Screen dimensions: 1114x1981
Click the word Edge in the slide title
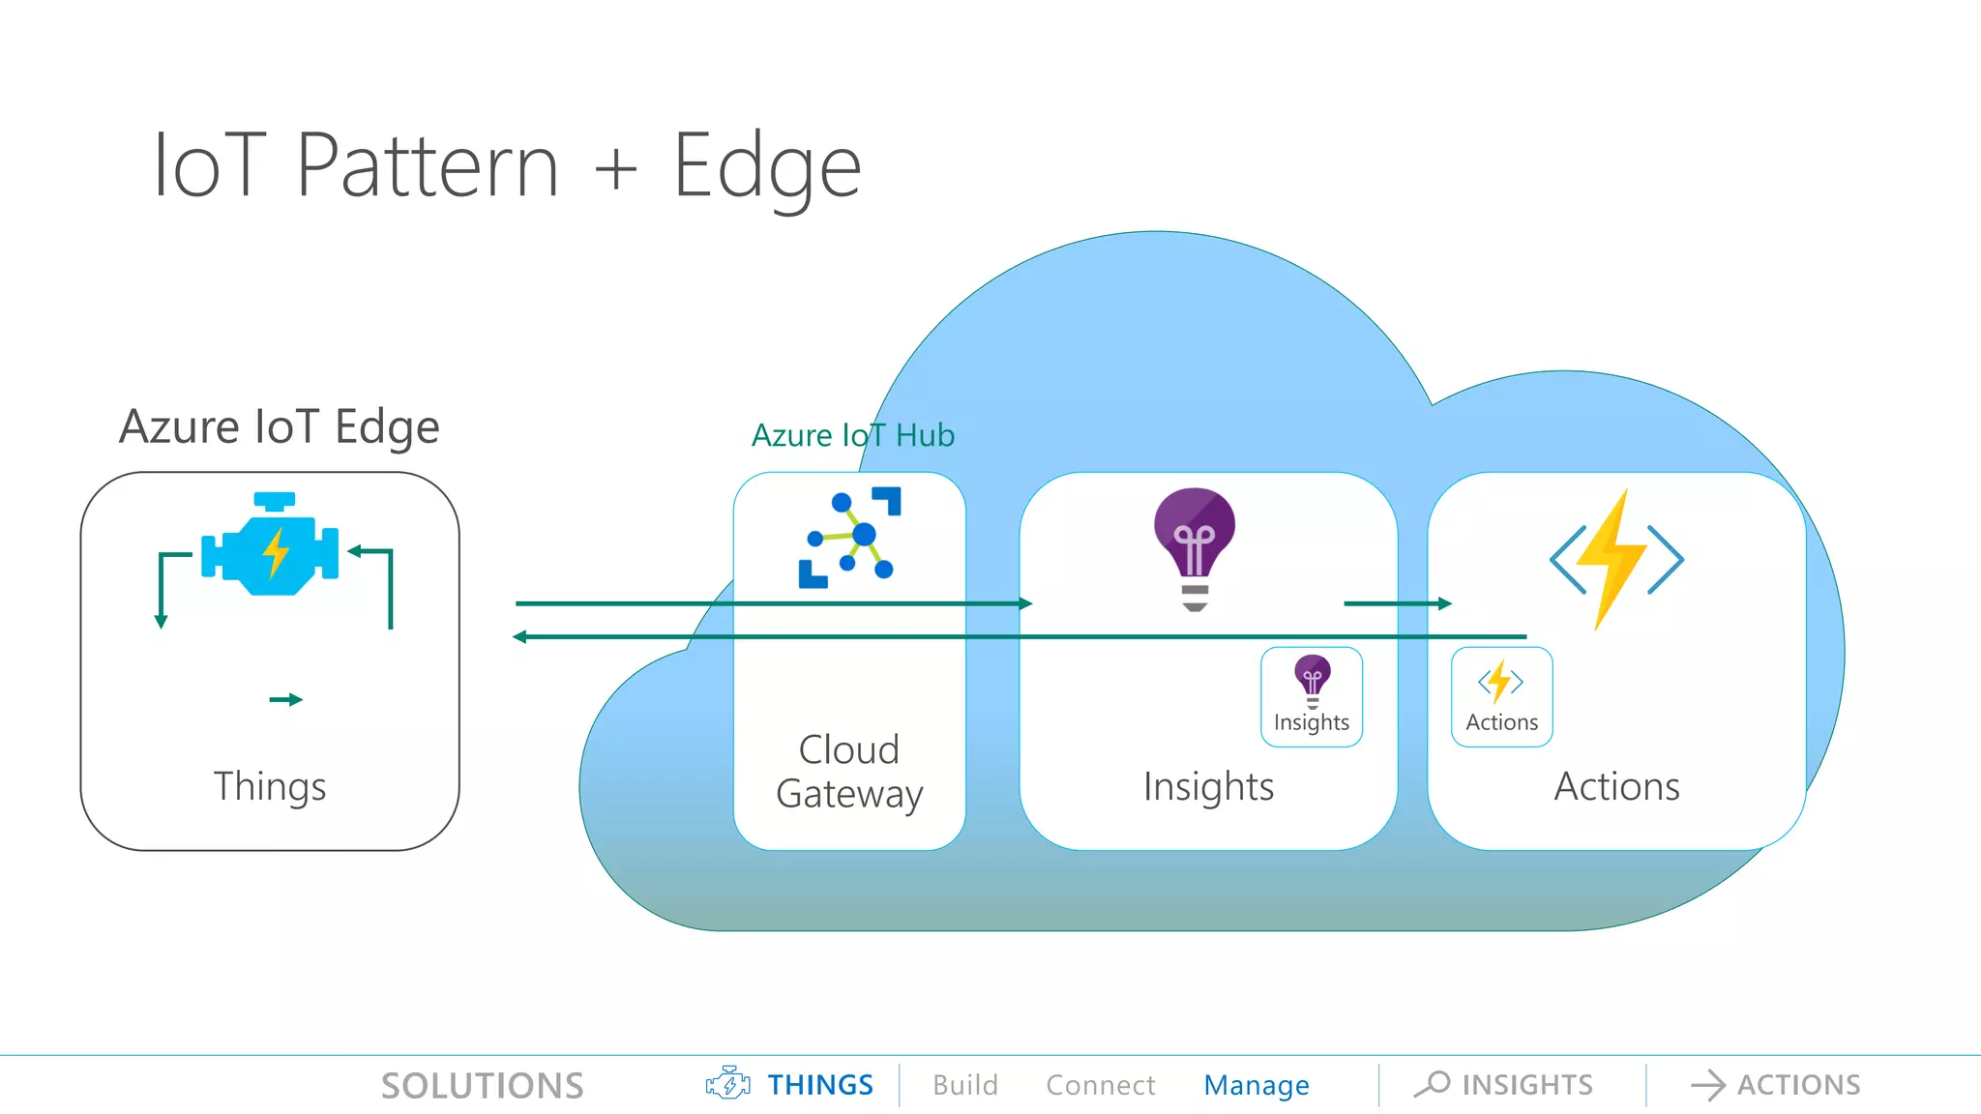click(x=766, y=166)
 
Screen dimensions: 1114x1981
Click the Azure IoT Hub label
click(x=852, y=435)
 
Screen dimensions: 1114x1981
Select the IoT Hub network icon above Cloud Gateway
click(x=849, y=538)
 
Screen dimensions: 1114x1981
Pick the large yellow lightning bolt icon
click(x=1615, y=559)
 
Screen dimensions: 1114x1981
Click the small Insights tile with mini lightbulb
click(x=1311, y=696)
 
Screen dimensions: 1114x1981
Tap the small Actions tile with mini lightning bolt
click(x=1501, y=696)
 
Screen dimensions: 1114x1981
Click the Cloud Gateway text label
click(x=849, y=771)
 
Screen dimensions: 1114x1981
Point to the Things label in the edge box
click(x=270, y=786)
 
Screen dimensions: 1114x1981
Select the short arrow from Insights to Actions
click(x=1397, y=603)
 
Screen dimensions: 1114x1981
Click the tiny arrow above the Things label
click(x=285, y=699)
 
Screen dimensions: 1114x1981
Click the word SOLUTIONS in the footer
click(x=482, y=1085)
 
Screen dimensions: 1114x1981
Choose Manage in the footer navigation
click(x=1256, y=1085)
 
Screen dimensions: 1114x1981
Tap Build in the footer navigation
click(x=964, y=1085)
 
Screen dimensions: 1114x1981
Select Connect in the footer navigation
click(x=1100, y=1085)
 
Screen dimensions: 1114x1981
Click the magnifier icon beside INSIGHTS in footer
click(x=1433, y=1084)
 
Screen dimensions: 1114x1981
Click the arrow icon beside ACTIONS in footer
click(x=1707, y=1085)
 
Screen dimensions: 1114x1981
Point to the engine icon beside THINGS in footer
click(x=727, y=1084)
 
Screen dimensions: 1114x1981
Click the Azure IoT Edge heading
click(x=279, y=426)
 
